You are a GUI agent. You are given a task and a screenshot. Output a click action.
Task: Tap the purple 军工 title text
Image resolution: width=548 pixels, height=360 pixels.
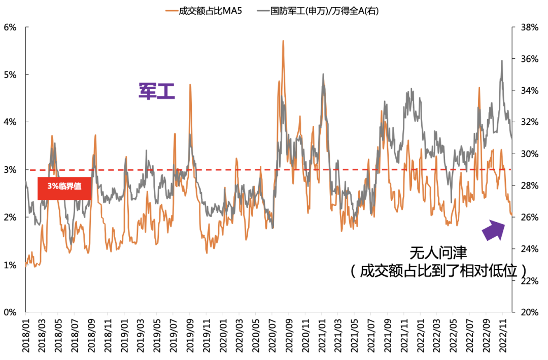coord(157,91)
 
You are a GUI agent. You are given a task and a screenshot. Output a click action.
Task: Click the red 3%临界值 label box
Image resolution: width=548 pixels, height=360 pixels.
coord(64,189)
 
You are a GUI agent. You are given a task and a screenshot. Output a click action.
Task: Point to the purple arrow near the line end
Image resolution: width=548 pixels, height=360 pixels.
coord(493,229)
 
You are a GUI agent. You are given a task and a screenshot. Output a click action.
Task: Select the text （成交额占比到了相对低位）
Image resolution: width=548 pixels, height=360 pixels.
coord(437,270)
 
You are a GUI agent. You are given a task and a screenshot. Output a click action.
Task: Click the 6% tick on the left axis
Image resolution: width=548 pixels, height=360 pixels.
coord(10,27)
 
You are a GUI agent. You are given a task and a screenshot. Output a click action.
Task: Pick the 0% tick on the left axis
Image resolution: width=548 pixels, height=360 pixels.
coord(10,312)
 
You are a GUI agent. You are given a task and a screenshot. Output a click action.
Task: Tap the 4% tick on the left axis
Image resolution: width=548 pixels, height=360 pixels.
coord(10,122)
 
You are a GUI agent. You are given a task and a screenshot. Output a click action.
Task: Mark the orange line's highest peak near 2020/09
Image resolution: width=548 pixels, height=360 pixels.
coord(283,41)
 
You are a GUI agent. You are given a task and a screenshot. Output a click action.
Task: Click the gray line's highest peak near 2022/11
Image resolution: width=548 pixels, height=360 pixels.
coord(502,60)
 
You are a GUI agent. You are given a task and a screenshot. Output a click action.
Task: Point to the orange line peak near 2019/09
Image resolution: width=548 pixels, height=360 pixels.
coord(190,85)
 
